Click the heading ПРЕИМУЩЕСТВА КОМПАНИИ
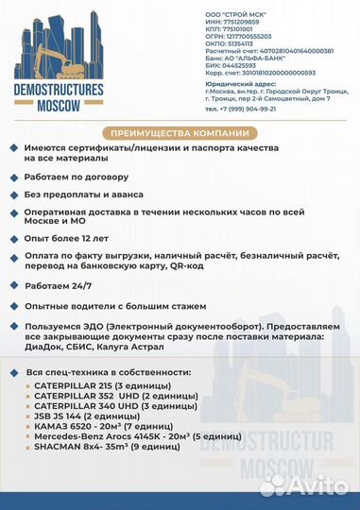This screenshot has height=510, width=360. (180, 131)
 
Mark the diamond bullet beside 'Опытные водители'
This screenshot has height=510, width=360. (11, 307)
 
